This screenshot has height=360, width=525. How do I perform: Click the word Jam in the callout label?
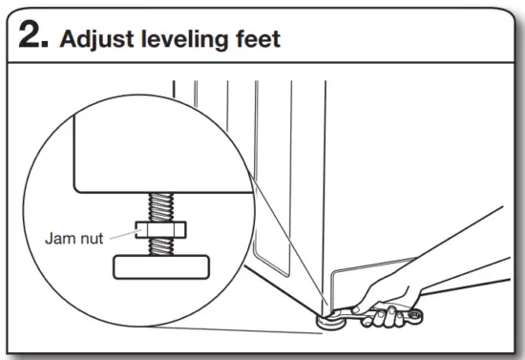pyautogui.click(x=59, y=238)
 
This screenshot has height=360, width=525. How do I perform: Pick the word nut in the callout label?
pyautogui.click(x=91, y=238)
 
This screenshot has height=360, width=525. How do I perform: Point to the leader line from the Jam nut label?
pyautogui.click(x=121, y=234)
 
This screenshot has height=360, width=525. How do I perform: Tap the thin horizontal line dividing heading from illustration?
pyautogui.click(x=262, y=63)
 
